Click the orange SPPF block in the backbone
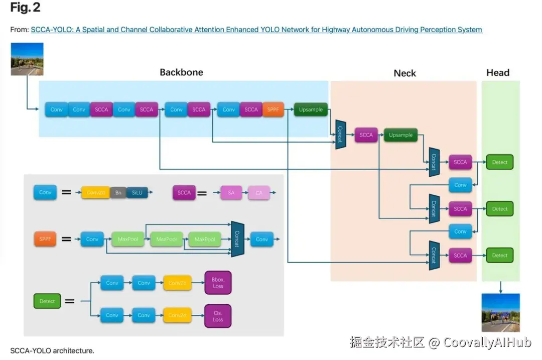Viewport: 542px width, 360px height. tap(273, 109)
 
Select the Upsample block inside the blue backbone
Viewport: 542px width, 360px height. tap(311, 109)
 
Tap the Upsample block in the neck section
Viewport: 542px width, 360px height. tap(400, 135)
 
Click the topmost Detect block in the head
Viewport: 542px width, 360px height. tap(499, 162)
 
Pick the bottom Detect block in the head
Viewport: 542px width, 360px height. tap(499, 255)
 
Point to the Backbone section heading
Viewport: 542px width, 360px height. tap(181, 72)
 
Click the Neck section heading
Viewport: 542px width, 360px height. tap(404, 73)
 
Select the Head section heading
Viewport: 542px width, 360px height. tap(497, 73)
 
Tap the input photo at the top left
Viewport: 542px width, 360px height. tap(27, 59)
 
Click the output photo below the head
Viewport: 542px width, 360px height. tap(500, 313)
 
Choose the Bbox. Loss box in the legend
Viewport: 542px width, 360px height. tap(218, 283)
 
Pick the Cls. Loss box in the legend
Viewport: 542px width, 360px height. tap(218, 316)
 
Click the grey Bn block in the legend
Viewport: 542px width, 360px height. tap(118, 192)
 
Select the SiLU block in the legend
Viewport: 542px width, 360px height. tap(137, 192)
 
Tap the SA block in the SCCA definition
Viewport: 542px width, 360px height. tap(231, 192)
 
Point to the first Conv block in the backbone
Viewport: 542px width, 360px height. tap(56, 109)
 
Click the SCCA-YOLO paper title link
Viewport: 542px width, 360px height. tap(256, 30)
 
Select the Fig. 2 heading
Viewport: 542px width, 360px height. tap(25, 8)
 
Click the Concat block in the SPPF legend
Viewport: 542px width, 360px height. tap(237, 239)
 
